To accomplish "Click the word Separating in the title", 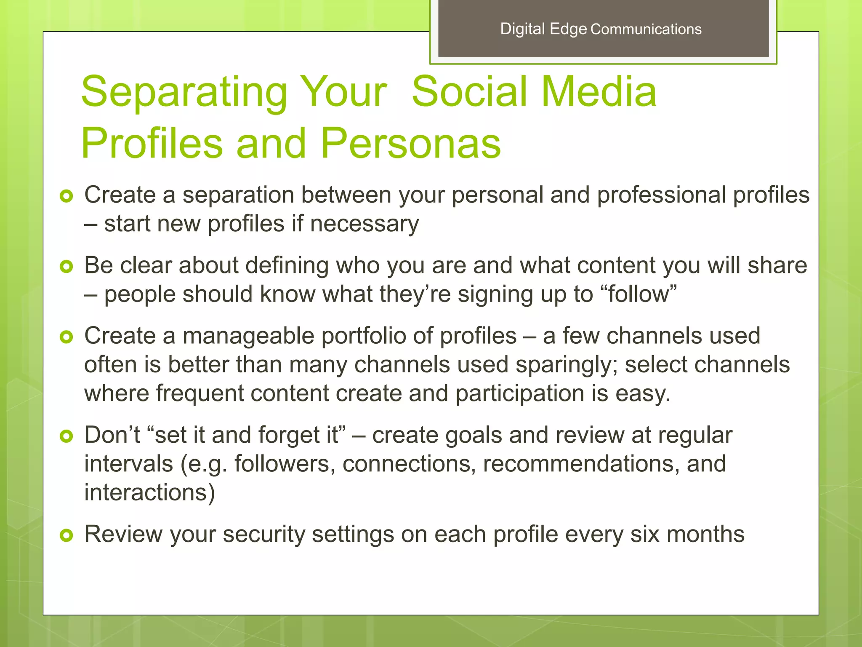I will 184,92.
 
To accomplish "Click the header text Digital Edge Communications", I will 601,29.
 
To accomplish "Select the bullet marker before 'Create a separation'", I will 67,196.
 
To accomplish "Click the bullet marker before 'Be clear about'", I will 67,266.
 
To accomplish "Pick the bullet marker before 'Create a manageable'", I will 67,337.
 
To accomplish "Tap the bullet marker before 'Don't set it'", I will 67,436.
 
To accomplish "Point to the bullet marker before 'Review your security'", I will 67,535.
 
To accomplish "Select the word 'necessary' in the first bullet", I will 364,224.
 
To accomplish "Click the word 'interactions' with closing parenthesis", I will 149,492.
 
